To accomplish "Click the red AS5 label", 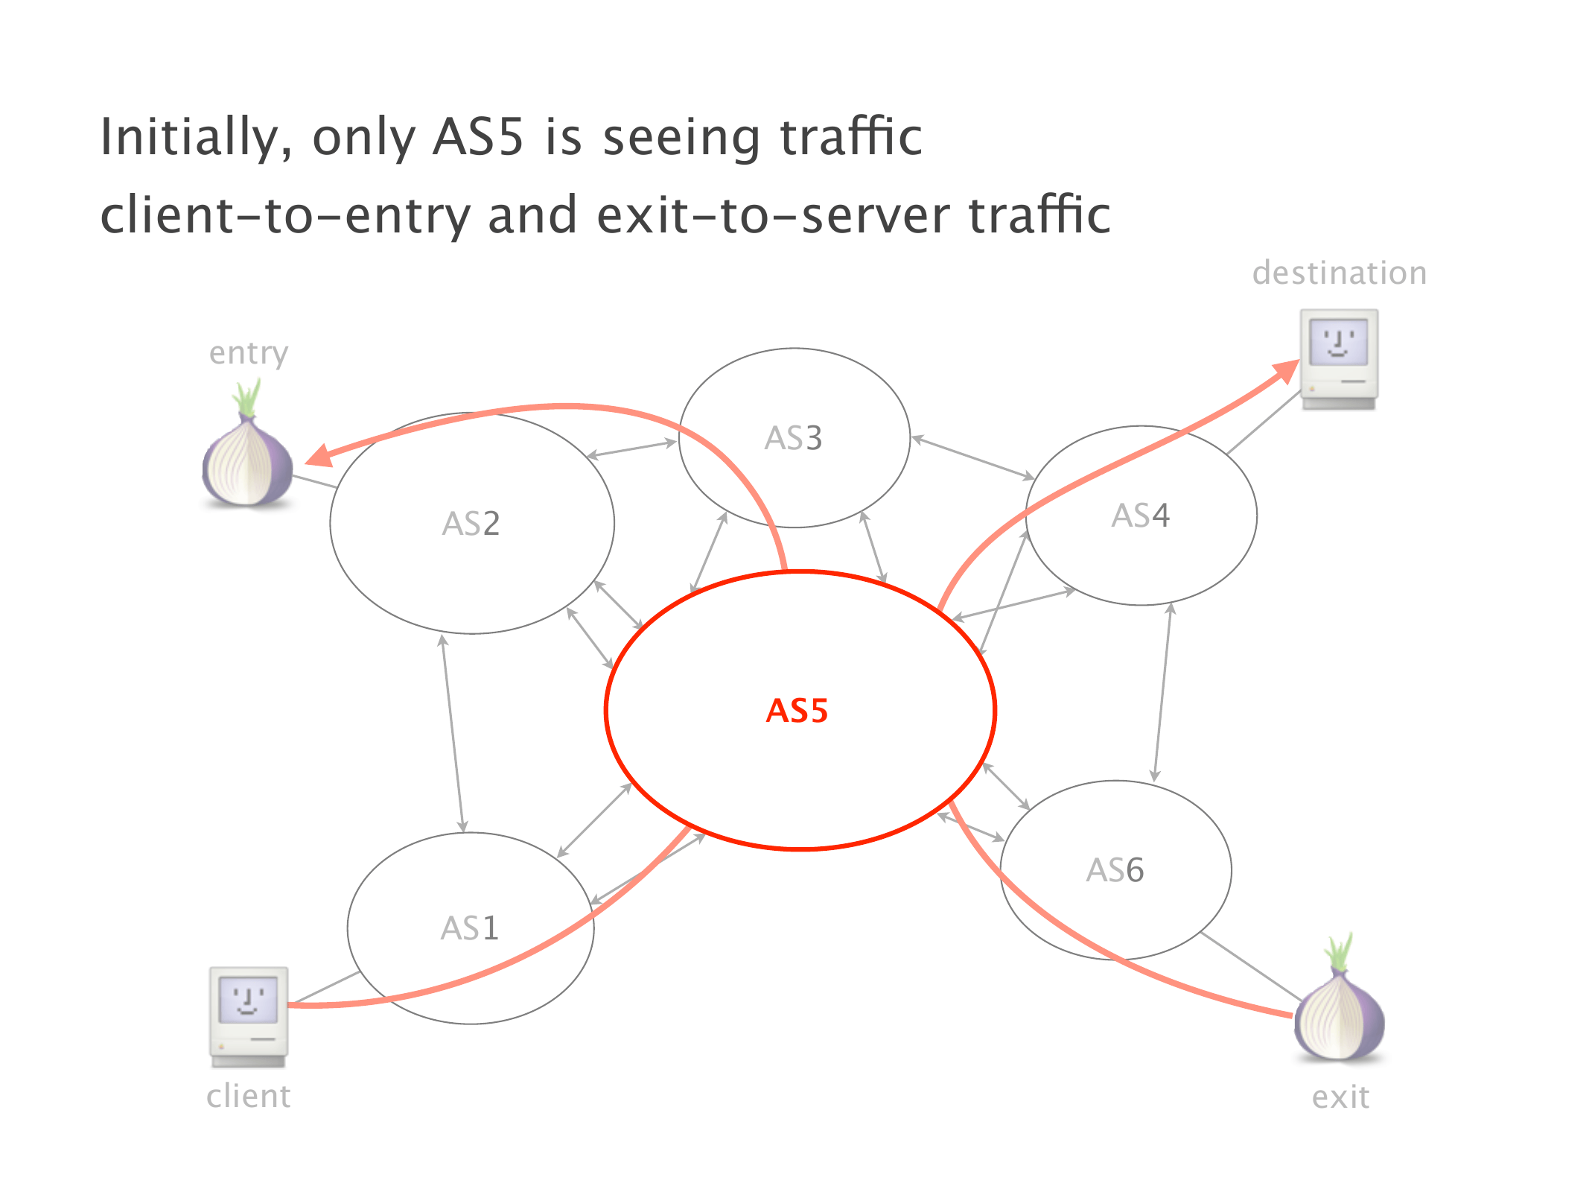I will pyautogui.click(x=797, y=711).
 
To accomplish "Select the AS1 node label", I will pyautogui.click(x=469, y=928).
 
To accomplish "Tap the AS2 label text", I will pyautogui.click(x=471, y=524).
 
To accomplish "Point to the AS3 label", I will pyautogui.click(x=793, y=438).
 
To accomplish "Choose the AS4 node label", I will pyautogui.click(x=1140, y=516).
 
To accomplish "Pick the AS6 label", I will pyautogui.click(x=1115, y=870).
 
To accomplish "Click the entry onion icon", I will pyautogui.click(x=247, y=463).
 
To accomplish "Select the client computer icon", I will pyautogui.click(x=248, y=1016).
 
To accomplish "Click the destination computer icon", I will pyautogui.click(x=1339, y=358).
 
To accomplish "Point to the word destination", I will pyautogui.click(x=1339, y=273).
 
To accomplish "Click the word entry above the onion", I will pyautogui.click(x=248, y=353).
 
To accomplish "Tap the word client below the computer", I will pyautogui.click(x=248, y=1097).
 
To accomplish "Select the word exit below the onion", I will pyautogui.click(x=1340, y=1097).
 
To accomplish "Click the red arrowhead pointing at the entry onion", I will pyautogui.click(x=319, y=455).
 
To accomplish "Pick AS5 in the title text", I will pyautogui.click(x=478, y=138).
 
